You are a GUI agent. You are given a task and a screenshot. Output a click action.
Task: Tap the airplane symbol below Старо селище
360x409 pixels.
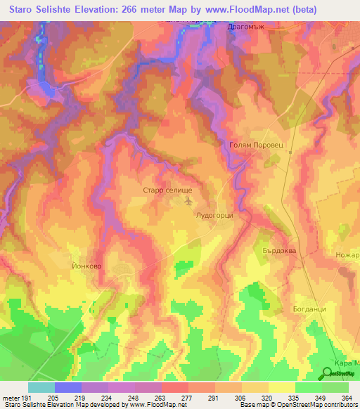pyautogui.click(x=188, y=202)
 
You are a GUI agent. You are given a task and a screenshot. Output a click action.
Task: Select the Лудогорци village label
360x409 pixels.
pyautogui.click(x=214, y=216)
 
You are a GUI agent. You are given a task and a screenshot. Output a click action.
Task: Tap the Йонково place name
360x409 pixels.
pyautogui.click(x=87, y=266)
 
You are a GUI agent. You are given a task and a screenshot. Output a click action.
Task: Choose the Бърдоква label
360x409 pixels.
pyautogui.click(x=280, y=250)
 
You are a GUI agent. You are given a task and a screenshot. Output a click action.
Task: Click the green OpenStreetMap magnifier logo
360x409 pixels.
pyautogui.click(x=327, y=372)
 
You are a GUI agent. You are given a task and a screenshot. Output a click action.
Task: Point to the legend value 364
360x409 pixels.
pyautogui.click(x=347, y=397)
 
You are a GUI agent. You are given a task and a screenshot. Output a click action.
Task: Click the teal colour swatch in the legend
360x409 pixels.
pyautogui.click(x=41, y=387)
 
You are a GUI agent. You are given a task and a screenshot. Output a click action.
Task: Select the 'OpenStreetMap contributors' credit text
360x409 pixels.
pyautogui.click(x=319, y=405)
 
